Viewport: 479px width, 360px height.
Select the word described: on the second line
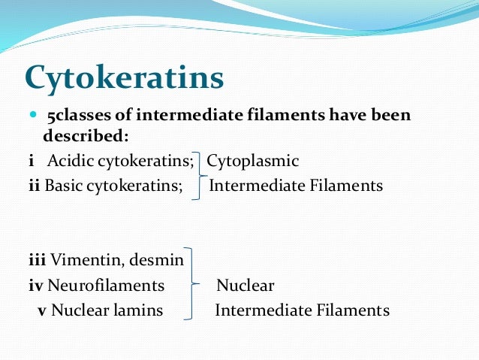86,138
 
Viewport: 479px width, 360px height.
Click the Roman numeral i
31,161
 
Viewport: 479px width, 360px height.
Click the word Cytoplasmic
253,161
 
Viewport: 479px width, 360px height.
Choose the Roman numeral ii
33,185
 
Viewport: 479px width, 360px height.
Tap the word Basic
63,185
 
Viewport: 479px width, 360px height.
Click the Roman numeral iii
37,260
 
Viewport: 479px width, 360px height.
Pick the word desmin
159,260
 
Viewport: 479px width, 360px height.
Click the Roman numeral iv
35,286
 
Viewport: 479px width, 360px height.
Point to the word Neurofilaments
106,286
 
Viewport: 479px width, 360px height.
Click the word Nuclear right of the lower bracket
245,286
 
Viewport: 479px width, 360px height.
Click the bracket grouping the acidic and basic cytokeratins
198,173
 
